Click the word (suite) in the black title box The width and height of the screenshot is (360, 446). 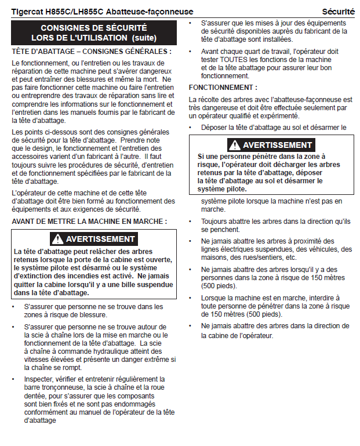[144, 37]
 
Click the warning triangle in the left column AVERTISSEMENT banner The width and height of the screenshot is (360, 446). [57, 239]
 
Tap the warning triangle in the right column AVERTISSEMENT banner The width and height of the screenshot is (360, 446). [234, 145]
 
